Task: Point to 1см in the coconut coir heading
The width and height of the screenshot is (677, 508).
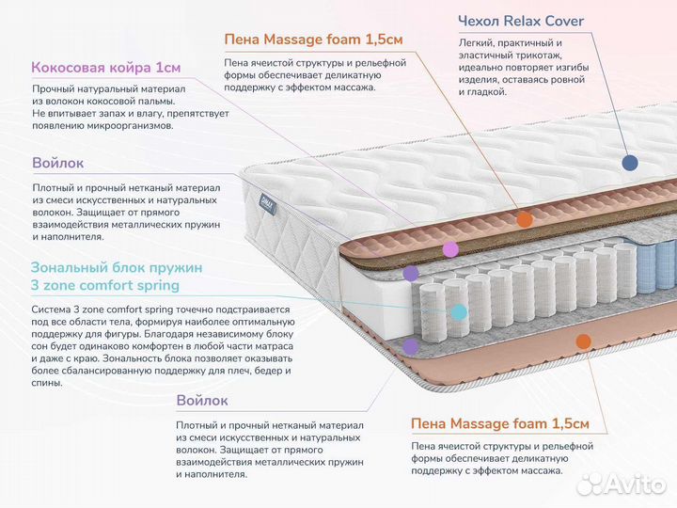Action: pyautogui.click(x=167, y=68)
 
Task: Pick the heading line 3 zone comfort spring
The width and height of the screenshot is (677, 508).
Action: pyautogui.click(x=104, y=285)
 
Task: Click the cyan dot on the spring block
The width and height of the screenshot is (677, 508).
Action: pyautogui.click(x=459, y=311)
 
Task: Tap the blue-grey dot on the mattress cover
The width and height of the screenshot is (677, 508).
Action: pyautogui.click(x=629, y=163)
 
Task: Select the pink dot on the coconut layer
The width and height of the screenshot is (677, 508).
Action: pyautogui.click(x=450, y=249)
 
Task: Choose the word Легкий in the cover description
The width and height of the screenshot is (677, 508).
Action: pyautogui.click(x=478, y=42)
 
